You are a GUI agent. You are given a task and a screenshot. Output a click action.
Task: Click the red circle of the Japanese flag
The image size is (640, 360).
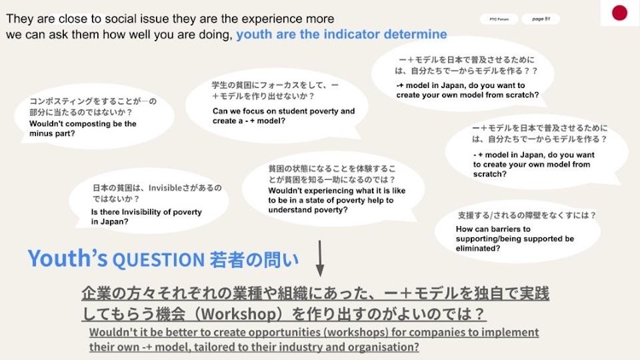(x=619, y=13)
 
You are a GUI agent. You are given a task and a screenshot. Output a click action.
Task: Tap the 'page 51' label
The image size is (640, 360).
(x=541, y=19)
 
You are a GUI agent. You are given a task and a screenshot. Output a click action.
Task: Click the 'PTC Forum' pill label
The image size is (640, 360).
(x=499, y=19)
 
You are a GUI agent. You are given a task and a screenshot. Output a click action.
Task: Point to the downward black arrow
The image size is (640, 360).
(x=320, y=259)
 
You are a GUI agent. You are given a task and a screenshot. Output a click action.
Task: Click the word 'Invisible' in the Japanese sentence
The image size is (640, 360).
(x=165, y=188)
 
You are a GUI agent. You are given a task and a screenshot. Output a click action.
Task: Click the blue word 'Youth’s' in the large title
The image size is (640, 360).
(x=68, y=259)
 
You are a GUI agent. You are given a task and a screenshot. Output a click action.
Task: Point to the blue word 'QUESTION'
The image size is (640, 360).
(x=159, y=260)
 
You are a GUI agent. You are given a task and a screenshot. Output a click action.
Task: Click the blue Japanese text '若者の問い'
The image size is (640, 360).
(x=254, y=260)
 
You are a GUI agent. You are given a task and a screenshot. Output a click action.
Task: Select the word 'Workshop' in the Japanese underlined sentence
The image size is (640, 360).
(x=239, y=314)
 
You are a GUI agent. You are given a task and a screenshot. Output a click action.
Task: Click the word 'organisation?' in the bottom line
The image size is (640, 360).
(x=383, y=347)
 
